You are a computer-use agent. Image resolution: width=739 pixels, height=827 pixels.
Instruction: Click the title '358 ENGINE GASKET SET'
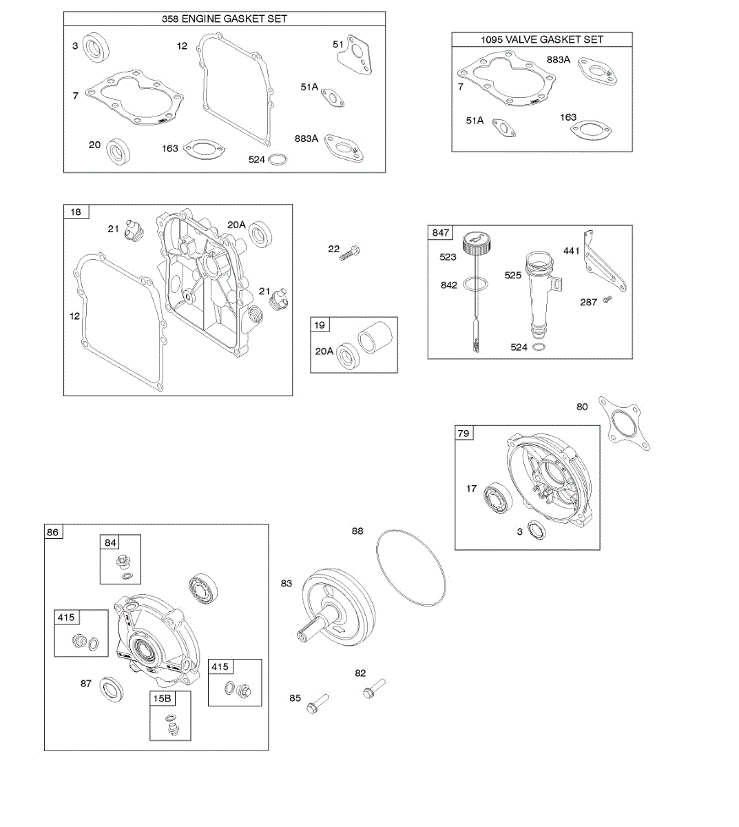click(225, 19)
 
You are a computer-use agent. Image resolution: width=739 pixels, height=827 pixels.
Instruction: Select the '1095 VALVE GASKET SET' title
click(542, 39)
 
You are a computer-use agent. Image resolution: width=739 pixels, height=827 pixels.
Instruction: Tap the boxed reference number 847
click(441, 232)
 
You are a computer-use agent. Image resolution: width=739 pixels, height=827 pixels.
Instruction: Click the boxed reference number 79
click(464, 433)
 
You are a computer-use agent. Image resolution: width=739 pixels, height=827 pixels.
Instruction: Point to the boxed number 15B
click(162, 698)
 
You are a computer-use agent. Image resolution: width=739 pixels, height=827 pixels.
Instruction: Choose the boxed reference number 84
click(111, 542)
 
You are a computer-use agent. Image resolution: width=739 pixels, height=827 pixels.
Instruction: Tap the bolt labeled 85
click(318, 704)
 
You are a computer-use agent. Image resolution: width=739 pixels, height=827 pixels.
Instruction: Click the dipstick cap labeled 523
click(475, 243)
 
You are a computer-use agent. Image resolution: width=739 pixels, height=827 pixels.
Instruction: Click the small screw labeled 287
click(607, 299)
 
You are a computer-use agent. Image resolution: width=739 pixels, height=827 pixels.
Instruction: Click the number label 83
click(287, 583)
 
